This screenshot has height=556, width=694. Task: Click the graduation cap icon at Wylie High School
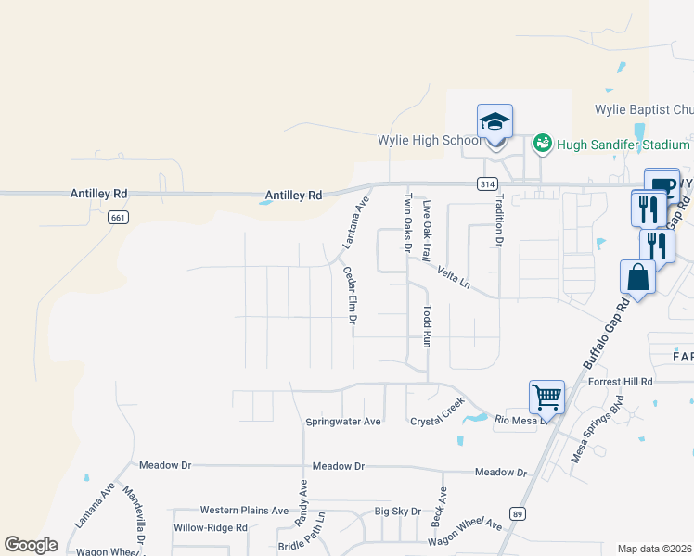click(x=495, y=122)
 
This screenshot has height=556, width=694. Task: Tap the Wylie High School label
click(x=430, y=141)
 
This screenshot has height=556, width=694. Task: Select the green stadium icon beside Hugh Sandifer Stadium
click(x=543, y=143)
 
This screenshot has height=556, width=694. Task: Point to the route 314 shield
click(x=486, y=184)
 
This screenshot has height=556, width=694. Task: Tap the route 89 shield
click(x=518, y=512)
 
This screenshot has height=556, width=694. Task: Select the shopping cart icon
click(x=547, y=398)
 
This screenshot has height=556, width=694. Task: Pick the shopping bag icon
click(x=638, y=276)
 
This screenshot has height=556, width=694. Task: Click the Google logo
click(x=32, y=545)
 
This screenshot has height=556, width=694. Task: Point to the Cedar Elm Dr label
click(x=351, y=295)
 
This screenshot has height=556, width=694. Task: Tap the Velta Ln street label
click(x=454, y=277)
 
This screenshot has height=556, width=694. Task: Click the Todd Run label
click(x=428, y=325)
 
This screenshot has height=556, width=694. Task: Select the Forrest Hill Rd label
click(x=620, y=381)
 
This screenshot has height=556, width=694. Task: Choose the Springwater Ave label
click(x=343, y=422)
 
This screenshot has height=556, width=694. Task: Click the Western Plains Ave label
click(x=244, y=511)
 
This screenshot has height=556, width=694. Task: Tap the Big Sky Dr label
click(x=398, y=511)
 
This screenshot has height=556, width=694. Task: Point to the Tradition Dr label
click(x=498, y=223)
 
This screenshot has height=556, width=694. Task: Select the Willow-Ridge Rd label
click(x=211, y=527)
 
